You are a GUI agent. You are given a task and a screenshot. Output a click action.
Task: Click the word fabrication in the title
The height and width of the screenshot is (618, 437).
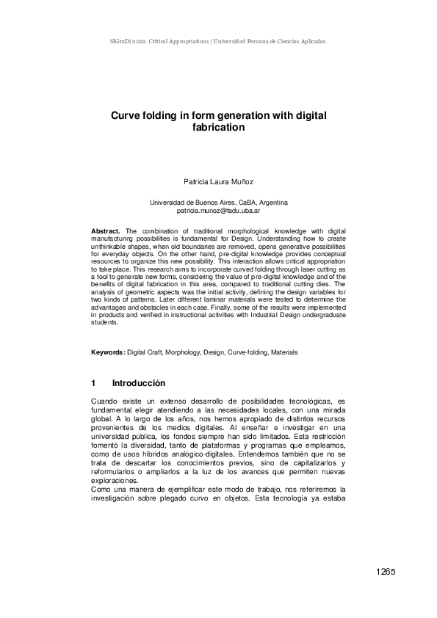point(218,127)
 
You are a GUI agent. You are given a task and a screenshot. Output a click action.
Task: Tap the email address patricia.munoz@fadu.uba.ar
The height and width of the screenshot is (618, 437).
point(218,210)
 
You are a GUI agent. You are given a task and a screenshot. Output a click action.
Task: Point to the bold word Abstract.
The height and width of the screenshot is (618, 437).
point(105,231)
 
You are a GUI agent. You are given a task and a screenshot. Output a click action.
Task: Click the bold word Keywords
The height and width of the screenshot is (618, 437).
point(107,352)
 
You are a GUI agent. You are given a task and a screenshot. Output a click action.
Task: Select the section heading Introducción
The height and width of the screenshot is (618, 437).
point(139,383)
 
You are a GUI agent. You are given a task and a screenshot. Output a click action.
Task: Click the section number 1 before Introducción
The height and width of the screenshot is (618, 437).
point(94,383)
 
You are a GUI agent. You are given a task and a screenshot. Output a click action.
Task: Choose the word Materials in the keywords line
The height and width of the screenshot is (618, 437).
point(284,352)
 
